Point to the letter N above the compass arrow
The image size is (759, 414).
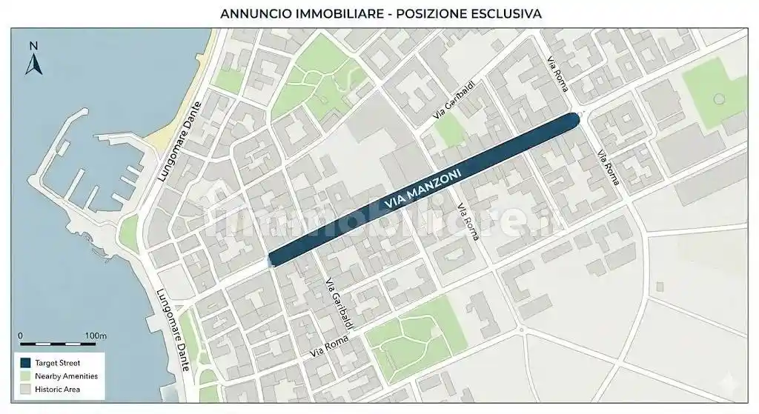pyautogui.click(x=33, y=46)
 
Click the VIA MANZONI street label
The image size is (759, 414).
pyautogui.click(x=424, y=191)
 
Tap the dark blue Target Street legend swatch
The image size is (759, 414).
pyautogui.click(x=25, y=363)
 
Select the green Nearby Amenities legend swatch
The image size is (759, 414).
pyautogui.click(x=25, y=376)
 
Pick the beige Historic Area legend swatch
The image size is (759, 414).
pyautogui.click(x=25, y=389)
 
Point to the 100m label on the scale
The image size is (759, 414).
pyautogui.click(x=95, y=335)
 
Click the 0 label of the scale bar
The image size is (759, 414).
pyautogui.click(x=20, y=335)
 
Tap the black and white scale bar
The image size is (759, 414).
pyautogui.click(x=58, y=344)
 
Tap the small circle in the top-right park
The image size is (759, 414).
pyautogui.click(x=717, y=99)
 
